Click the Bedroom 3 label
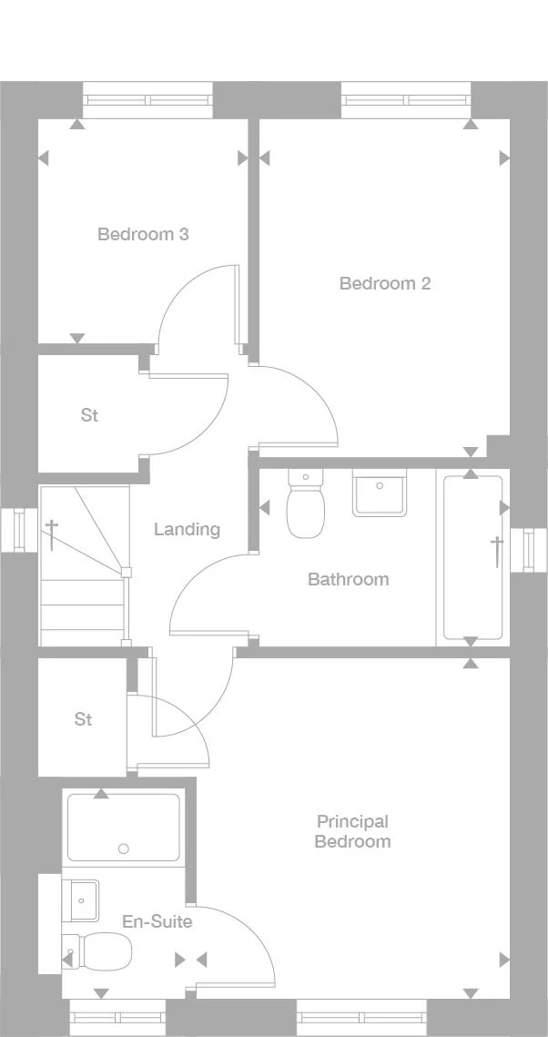143,234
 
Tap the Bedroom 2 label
384,283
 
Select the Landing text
187,529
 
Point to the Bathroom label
348,579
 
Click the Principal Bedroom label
352,831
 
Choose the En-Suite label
157,921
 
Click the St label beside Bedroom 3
89,415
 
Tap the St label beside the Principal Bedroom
83,719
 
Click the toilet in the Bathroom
305,506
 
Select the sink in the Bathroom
380,493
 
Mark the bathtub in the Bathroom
472,556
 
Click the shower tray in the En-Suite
124,827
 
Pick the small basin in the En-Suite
81,900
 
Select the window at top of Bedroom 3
147,99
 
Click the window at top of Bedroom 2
406,99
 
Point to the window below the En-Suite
117,1017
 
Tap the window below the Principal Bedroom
361,1017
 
